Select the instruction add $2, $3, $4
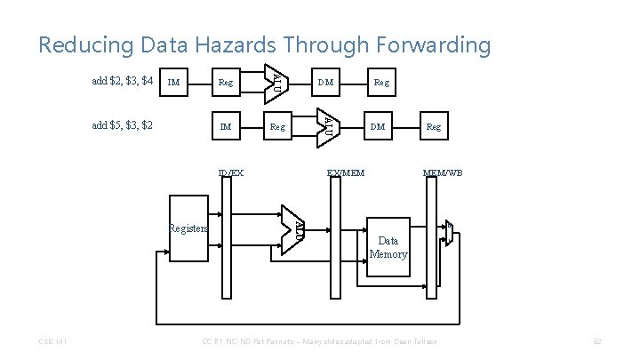(x=124, y=82)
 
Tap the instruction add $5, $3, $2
(x=124, y=125)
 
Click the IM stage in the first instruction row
(x=174, y=83)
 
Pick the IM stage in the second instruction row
(x=225, y=126)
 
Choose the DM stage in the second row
(x=378, y=126)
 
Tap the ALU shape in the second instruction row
(x=326, y=124)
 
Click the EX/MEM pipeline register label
(x=345, y=172)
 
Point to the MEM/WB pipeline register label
(x=442, y=172)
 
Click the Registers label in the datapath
(x=188, y=227)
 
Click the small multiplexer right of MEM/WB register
(x=450, y=234)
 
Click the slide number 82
(x=597, y=342)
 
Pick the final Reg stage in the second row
(x=433, y=126)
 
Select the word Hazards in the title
(x=270, y=44)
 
